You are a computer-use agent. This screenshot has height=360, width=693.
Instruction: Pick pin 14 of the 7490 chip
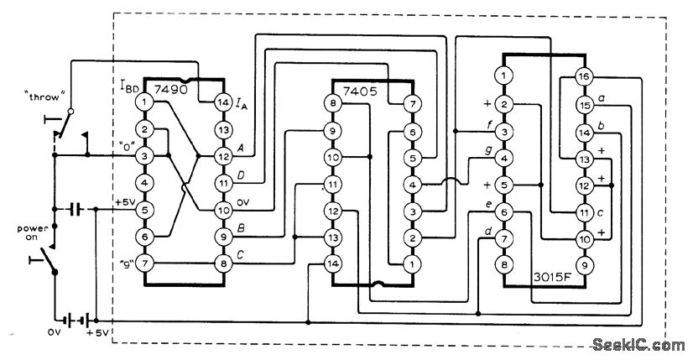223,102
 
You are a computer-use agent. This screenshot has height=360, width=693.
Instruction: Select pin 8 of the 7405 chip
333,103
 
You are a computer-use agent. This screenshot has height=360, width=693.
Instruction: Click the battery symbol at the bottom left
78,320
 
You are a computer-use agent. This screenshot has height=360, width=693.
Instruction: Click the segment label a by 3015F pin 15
603,98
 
